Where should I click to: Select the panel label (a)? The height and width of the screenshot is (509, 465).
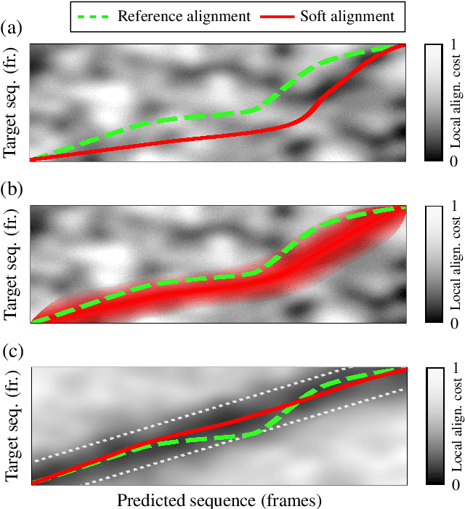12,29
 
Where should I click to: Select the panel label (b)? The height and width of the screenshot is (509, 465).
12,191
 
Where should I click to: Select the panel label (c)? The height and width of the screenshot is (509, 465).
12,354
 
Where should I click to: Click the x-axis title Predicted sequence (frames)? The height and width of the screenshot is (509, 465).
217,500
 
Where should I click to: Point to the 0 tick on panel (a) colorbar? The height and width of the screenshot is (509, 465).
455,158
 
